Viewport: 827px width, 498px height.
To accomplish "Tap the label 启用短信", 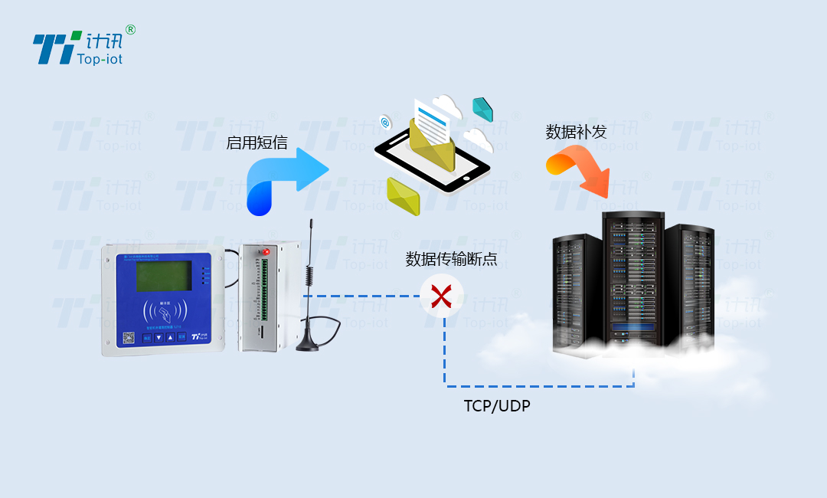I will point(257,143).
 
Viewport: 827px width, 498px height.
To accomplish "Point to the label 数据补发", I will point(576,131).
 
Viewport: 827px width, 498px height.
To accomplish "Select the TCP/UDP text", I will point(497,406).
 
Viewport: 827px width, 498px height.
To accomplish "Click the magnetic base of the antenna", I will point(308,346).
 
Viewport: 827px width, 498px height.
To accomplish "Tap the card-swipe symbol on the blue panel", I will point(165,311).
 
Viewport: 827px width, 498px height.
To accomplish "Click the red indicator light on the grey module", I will point(266,251).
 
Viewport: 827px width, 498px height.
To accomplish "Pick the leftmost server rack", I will point(577,295).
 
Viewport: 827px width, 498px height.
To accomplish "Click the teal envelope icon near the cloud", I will point(482,110).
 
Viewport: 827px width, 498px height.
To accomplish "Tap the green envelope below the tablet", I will point(403,196).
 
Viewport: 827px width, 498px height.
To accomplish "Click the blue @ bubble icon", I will point(385,122).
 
